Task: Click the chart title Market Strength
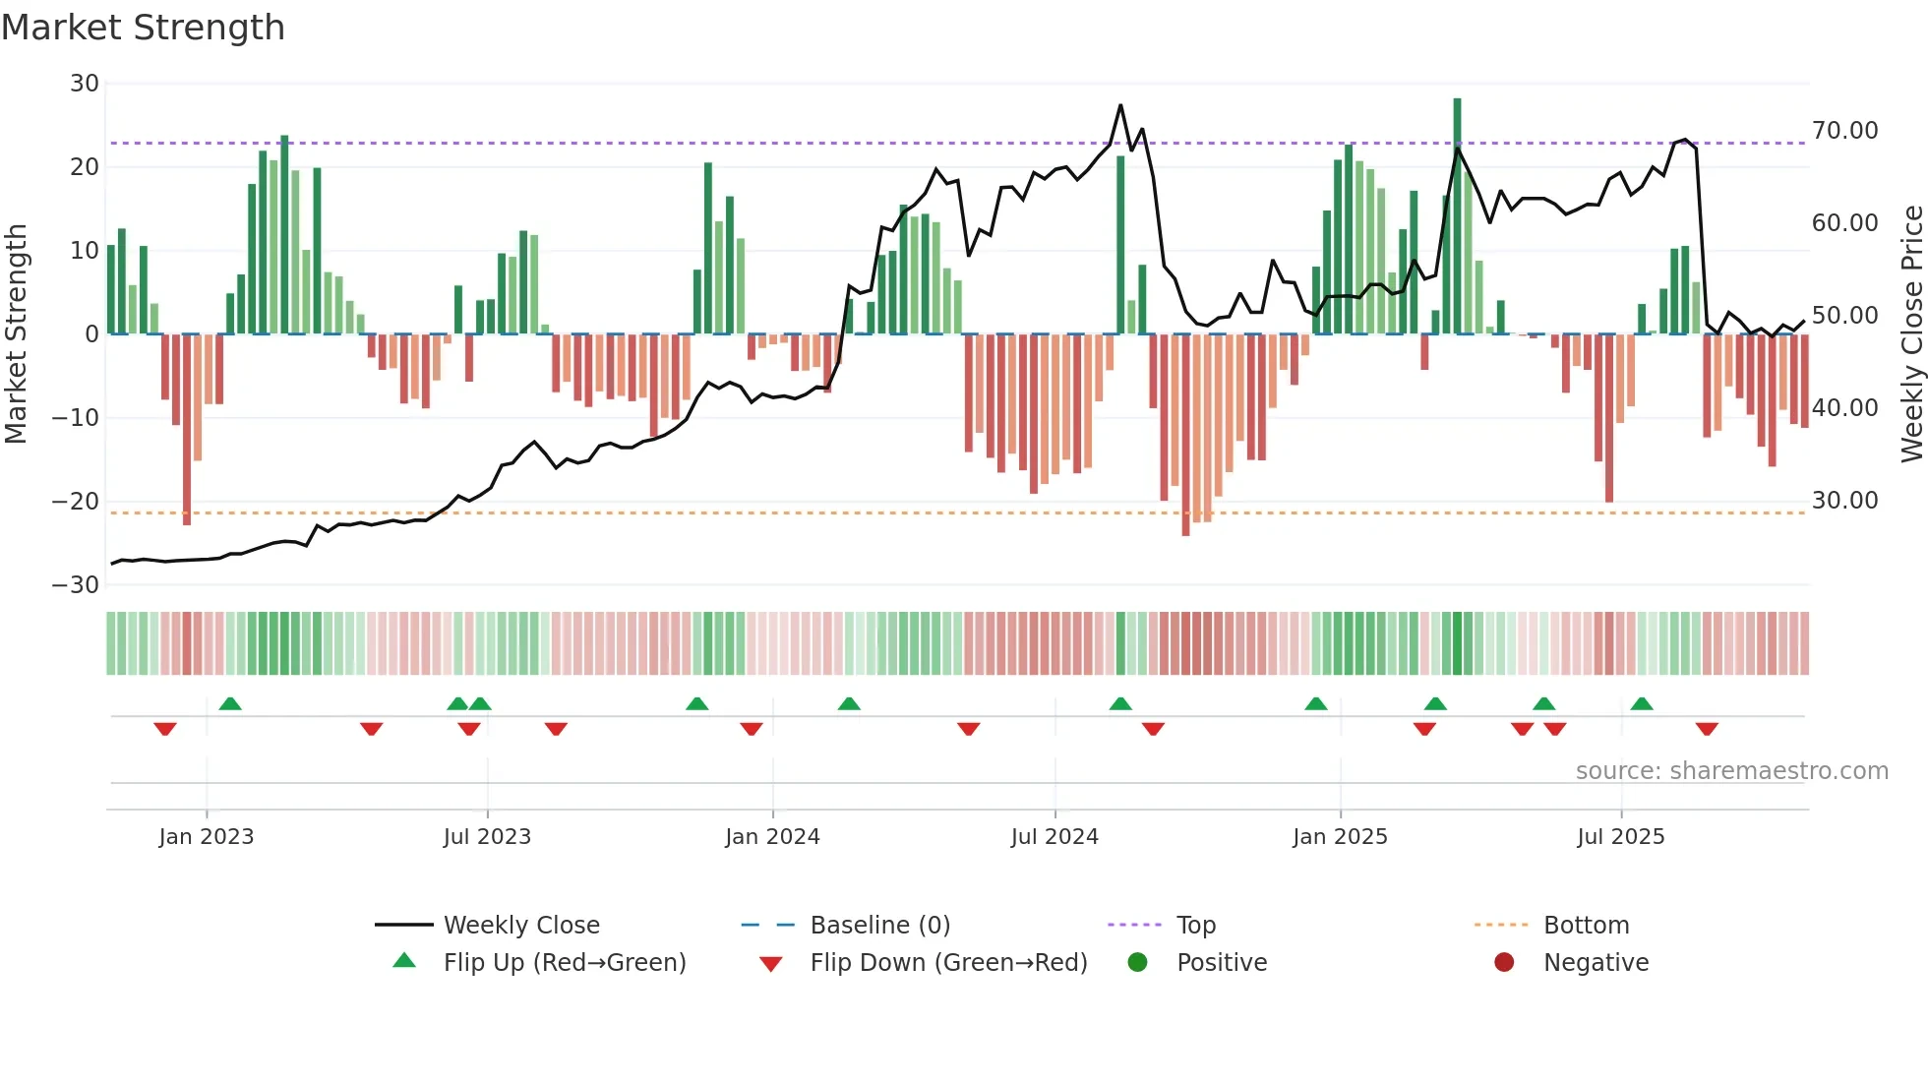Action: click(x=143, y=28)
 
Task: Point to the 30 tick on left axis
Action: click(x=85, y=84)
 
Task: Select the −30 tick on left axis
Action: click(x=76, y=585)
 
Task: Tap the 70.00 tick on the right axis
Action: click(x=1844, y=131)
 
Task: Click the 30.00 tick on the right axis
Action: click(x=1844, y=501)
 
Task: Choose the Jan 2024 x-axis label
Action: click(x=772, y=837)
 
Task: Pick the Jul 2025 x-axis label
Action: click(x=1620, y=837)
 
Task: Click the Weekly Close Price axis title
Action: click(x=1911, y=334)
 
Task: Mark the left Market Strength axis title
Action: click(x=17, y=334)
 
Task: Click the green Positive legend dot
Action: click(x=1137, y=963)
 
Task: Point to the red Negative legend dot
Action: click(x=1504, y=963)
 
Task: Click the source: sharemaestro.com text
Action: click(x=1731, y=771)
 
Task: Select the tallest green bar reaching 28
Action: click(x=1457, y=216)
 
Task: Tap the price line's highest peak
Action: click(x=1120, y=105)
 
